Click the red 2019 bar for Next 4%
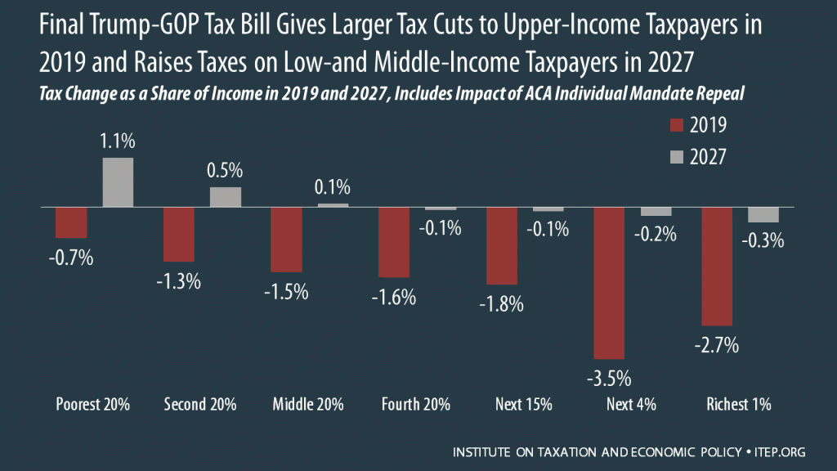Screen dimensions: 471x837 point(609,283)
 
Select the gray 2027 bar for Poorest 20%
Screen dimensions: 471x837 point(117,182)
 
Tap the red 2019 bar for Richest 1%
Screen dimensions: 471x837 point(717,267)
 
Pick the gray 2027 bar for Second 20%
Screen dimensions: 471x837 point(225,197)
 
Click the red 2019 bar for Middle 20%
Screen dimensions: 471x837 point(286,240)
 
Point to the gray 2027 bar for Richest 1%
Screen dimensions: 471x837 point(763,214)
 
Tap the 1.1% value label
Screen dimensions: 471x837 point(117,141)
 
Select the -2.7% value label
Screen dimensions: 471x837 point(717,346)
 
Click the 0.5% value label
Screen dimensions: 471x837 point(225,171)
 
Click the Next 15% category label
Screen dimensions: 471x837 point(524,405)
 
